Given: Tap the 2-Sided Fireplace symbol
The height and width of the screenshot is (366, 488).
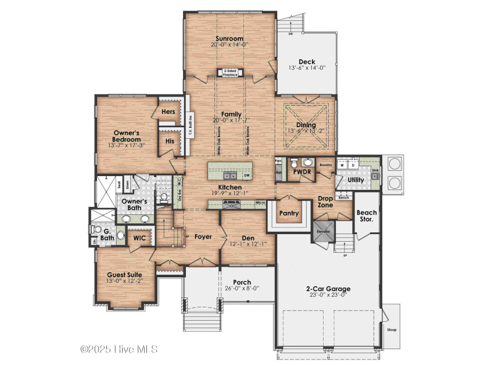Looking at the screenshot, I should click(229, 73).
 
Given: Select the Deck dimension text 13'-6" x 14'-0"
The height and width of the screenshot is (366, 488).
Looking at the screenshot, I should click(306, 67).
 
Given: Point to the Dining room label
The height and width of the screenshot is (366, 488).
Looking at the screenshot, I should click(306, 125).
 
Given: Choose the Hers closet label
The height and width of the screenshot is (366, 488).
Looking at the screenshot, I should click(168, 112).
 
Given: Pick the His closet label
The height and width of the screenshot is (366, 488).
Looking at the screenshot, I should click(170, 141).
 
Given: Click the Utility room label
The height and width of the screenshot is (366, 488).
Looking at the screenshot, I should click(356, 181).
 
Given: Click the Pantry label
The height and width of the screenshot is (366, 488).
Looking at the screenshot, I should click(289, 214).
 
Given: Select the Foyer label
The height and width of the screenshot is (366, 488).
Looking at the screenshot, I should click(203, 236).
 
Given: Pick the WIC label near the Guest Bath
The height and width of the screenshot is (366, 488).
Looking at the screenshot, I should click(139, 238).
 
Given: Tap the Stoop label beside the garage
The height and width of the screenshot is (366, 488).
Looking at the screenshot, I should click(392, 329).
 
